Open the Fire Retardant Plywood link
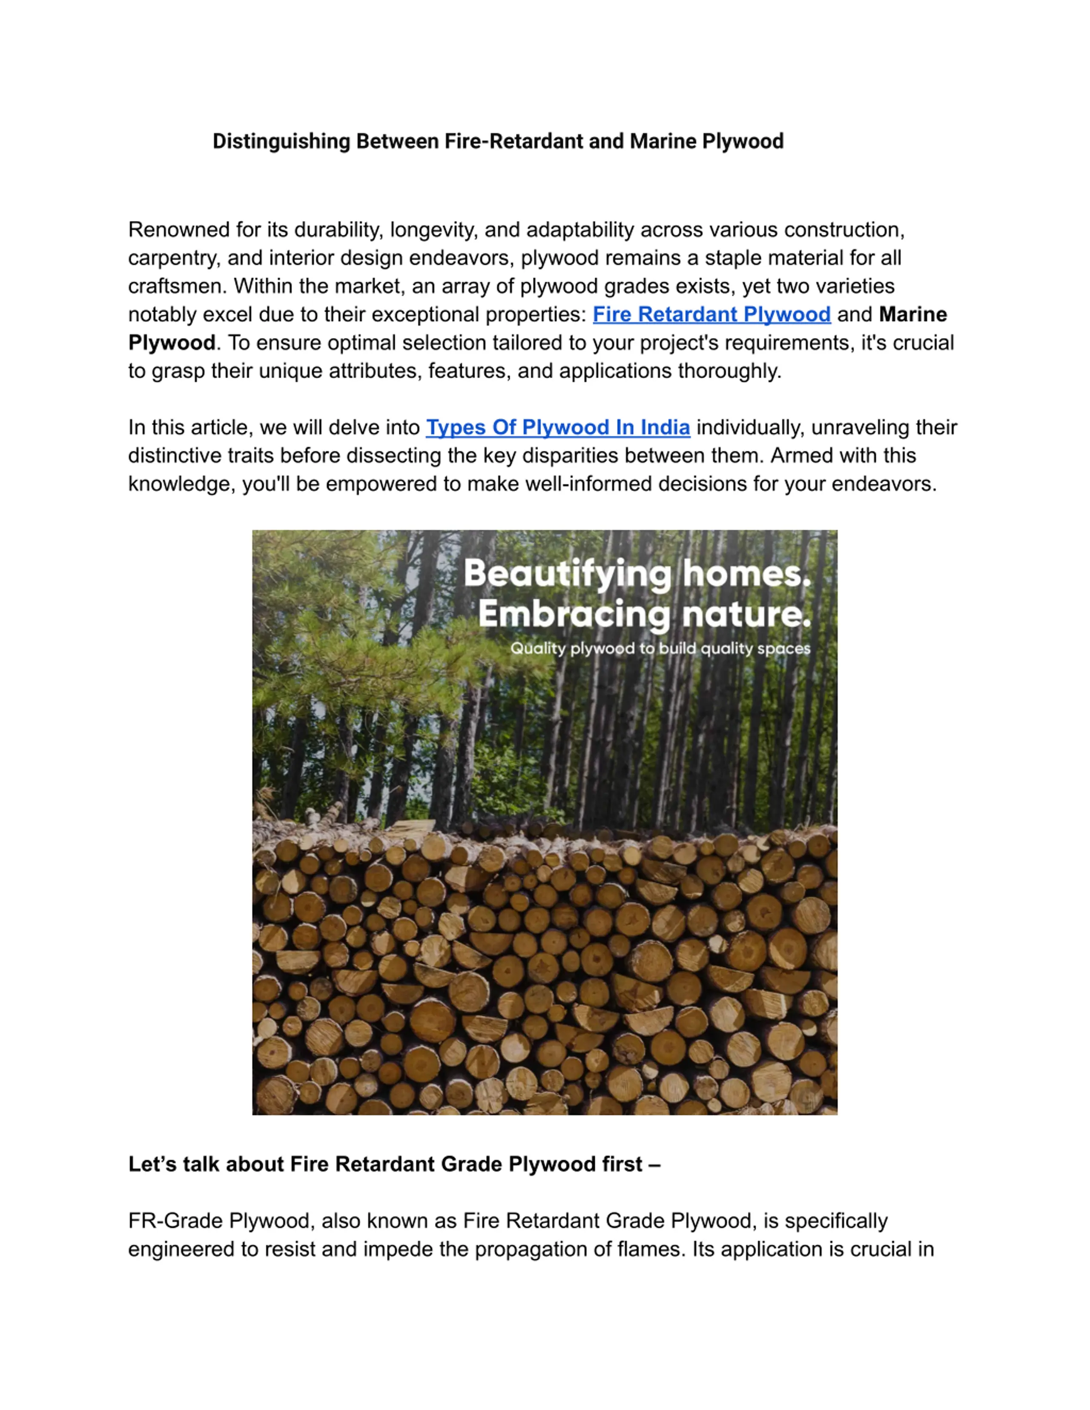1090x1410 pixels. point(711,315)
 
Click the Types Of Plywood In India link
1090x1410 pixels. point(557,427)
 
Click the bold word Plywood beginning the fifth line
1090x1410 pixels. point(171,343)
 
